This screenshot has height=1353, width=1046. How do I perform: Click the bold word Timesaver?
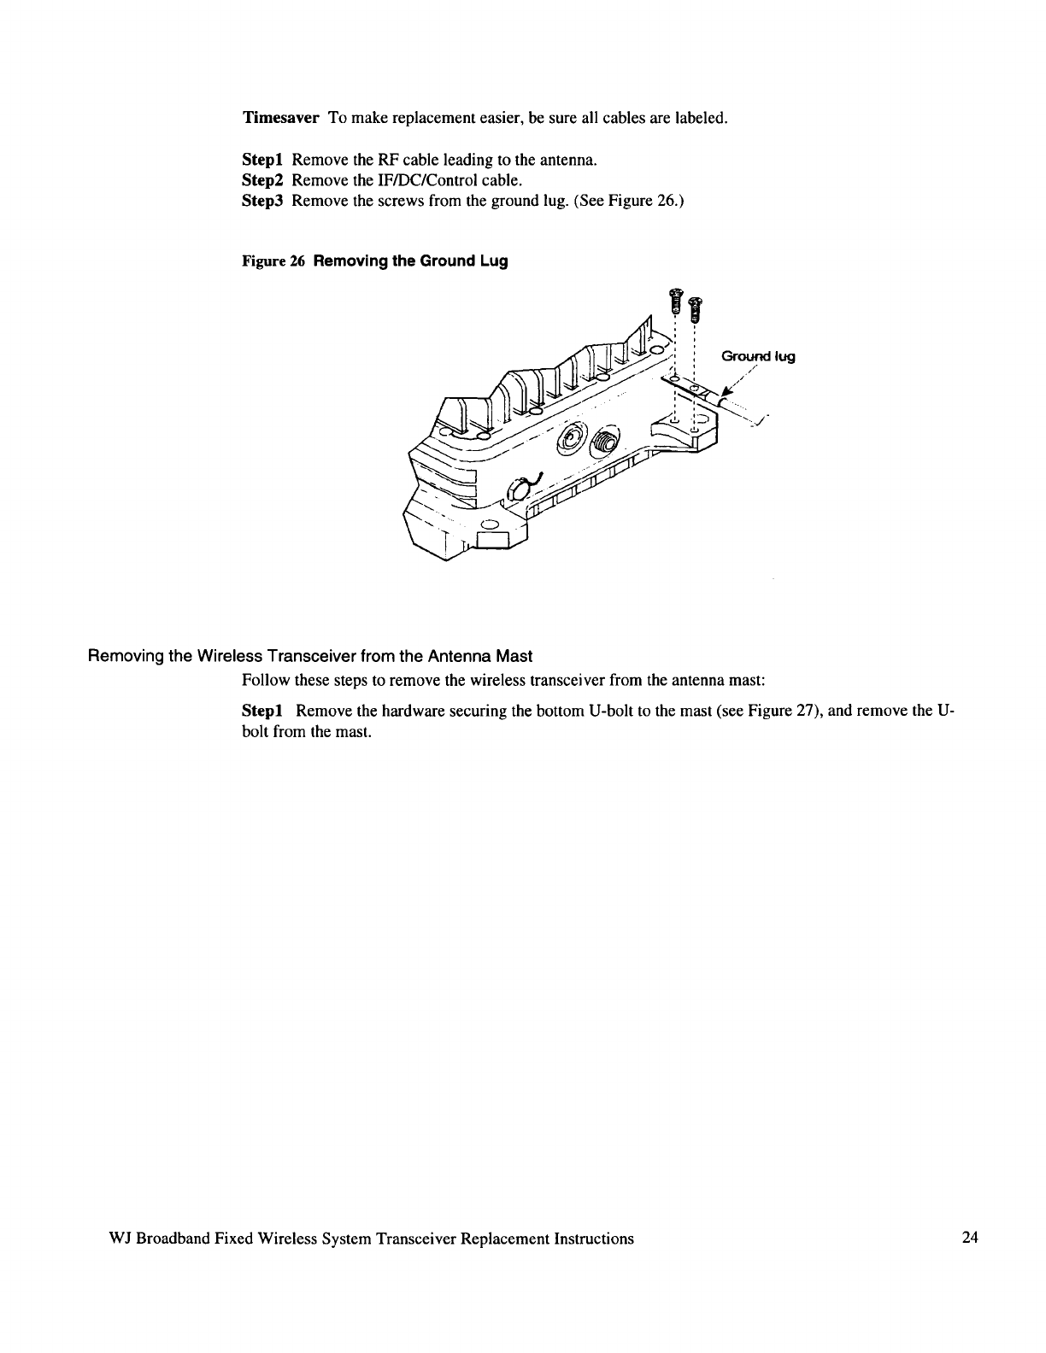pyautogui.click(x=281, y=117)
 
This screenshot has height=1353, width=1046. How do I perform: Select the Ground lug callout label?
pyautogui.click(x=758, y=357)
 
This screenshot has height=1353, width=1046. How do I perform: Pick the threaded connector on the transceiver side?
pyautogui.click(x=606, y=441)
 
